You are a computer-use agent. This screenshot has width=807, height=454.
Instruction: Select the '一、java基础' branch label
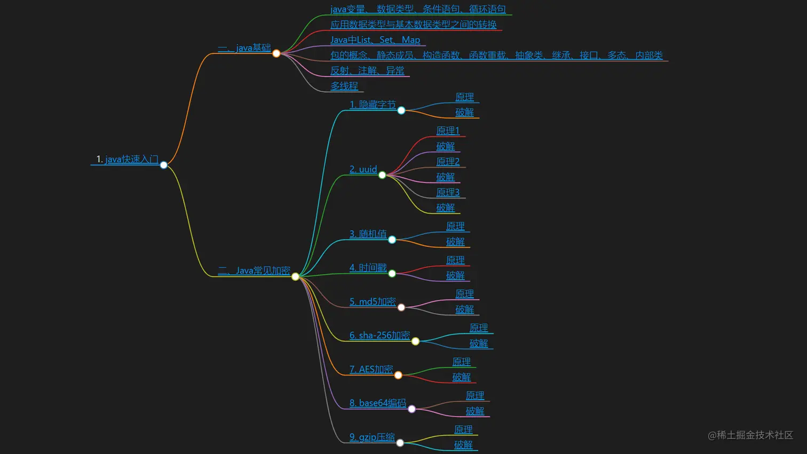(x=244, y=48)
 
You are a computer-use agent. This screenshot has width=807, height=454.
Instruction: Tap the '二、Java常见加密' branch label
(x=254, y=270)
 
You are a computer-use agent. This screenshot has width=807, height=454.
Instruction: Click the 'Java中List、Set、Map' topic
(x=375, y=40)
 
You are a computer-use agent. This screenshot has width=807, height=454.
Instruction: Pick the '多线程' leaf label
(x=344, y=86)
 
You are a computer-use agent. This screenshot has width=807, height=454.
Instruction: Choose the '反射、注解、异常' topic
(x=367, y=70)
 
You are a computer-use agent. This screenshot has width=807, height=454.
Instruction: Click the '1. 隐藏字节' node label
(x=373, y=105)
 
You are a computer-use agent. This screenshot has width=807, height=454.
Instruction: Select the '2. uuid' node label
(x=363, y=169)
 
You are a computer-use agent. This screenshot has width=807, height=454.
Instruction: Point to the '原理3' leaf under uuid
(x=448, y=192)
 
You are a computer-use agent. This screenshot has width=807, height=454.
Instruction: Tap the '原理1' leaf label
(x=448, y=131)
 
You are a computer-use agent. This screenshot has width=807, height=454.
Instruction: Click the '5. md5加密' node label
(x=373, y=301)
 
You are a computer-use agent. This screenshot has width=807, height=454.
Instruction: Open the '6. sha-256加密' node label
(x=379, y=335)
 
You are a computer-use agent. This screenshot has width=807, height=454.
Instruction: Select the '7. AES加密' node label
(x=371, y=369)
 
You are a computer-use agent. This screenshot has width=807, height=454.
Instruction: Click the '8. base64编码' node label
(x=377, y=403)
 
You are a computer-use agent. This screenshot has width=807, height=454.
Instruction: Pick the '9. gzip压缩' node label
(x=372, y=437)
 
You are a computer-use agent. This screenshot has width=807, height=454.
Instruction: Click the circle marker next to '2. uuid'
(x=382, y=175)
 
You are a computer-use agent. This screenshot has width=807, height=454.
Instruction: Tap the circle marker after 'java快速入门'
(x=164, y=165)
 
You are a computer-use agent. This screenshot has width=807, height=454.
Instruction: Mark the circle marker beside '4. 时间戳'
(x=392, y=274)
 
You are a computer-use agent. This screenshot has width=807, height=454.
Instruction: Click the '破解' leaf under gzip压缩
(x=463, y=444)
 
